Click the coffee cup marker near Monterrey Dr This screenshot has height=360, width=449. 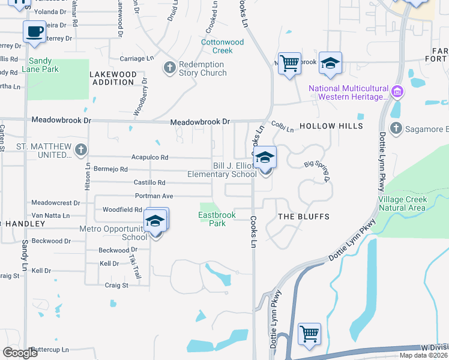tap(34, 32)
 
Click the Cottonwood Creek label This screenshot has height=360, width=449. tap(223, 46)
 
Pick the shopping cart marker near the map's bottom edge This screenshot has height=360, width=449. tap(309, 334)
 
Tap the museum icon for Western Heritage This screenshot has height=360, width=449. tap(396, 92)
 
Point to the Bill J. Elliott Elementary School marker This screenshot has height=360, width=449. tap(265, 159)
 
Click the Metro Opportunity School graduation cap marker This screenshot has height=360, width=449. tap(155, 221)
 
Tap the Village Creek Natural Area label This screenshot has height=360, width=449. tap(402, 203)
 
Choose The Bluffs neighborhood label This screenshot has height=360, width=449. tap(304, 216)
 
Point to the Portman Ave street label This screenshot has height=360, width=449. tap(154, 196)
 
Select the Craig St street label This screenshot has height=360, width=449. tap(117, 285)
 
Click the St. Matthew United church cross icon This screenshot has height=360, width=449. tap(81, 150)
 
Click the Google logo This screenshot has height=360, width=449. tap(20, 353)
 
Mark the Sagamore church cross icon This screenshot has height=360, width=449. tap(396, 128)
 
